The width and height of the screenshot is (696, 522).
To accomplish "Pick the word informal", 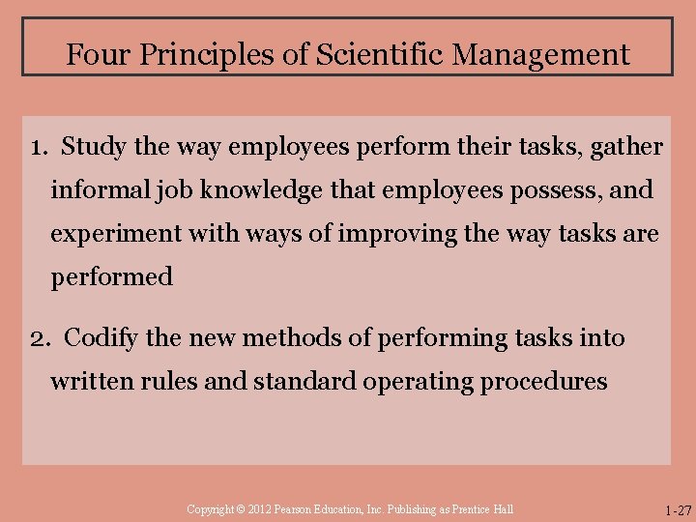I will tap(98, 190).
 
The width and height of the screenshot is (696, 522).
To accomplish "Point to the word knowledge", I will tap(254, 190).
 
